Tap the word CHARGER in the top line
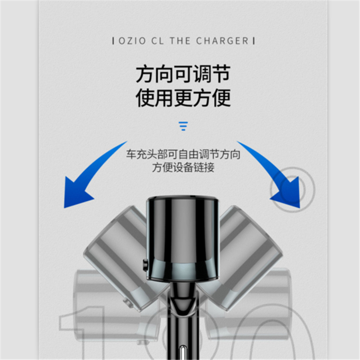pos(222,41)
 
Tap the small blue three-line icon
pos(183,126)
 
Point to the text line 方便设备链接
pos(183,168)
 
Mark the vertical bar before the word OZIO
pos(112,41)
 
